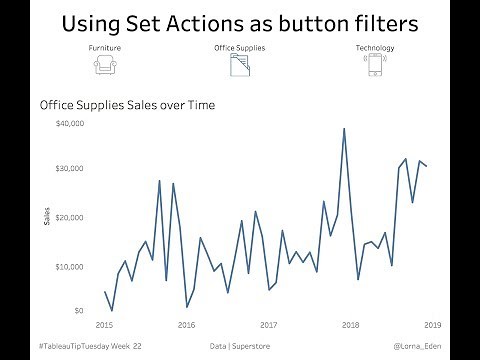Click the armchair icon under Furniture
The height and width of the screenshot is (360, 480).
click(103, 66)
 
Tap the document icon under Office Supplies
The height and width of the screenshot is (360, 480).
click(239, 66)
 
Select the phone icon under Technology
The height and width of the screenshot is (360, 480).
click(374, 66)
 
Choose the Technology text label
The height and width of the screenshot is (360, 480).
click(374, 48)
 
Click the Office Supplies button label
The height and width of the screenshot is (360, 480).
click(239, 48)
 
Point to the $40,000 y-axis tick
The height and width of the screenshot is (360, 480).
click(70, 124)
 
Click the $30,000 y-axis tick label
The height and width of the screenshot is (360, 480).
click(70, 169)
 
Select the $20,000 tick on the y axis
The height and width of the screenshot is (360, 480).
click(70, 217)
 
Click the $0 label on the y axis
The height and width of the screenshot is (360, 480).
click(77, 311)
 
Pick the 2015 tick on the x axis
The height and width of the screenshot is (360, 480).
click(104, 325)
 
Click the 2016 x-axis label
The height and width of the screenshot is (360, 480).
click(186, 325)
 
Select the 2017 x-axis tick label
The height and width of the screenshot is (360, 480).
click(268, 325)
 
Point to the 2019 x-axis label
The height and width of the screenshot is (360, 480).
click(432, 325)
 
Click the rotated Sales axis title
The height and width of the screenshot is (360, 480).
click(46, 217)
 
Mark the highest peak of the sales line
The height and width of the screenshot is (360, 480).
click(344, 128)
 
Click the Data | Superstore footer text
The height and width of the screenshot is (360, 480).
click(239, 345)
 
